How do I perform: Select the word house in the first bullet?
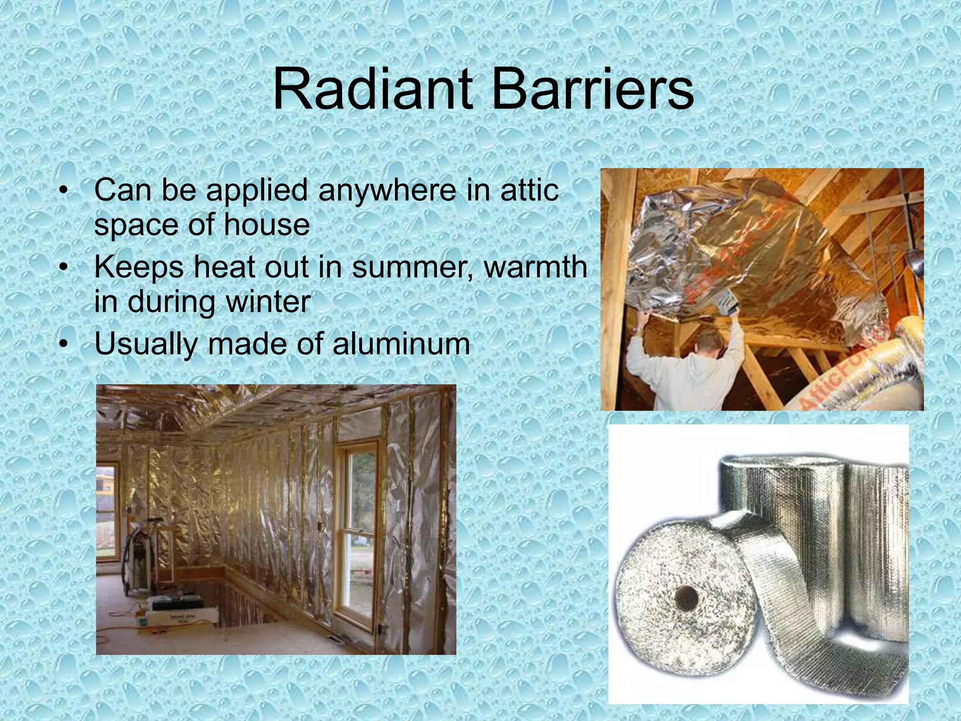point(267,225)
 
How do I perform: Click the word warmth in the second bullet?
point(535,268)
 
